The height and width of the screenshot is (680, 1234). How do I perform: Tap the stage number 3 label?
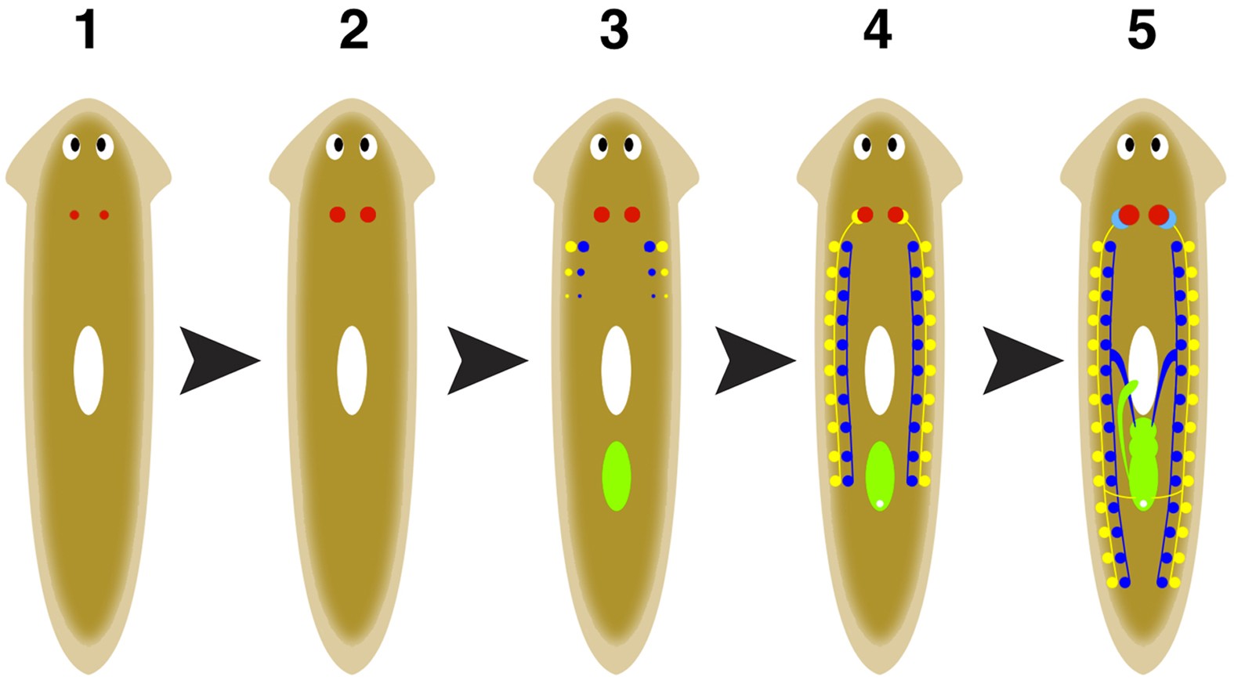[x=614, y=31]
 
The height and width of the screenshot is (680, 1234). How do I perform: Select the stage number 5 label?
[x=1142, y=31]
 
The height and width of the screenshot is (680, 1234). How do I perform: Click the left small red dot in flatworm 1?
[x=74, y=215]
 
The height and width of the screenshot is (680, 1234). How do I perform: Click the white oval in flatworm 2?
[x=352, y=370]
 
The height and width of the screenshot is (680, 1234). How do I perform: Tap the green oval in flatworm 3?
[x=616, y=476]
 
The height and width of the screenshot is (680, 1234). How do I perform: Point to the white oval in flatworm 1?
[x=89, y=370]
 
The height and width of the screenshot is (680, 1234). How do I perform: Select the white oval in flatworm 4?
[x=879, y=370]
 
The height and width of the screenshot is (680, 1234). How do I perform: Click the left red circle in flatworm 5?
[x=1128, y=215]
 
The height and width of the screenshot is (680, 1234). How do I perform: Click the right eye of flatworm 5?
[x=1157, y=146]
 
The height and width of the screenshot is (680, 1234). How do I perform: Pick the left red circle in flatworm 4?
[x=865, y=215]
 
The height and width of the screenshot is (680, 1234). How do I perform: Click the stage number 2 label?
[x=353, y=31]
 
